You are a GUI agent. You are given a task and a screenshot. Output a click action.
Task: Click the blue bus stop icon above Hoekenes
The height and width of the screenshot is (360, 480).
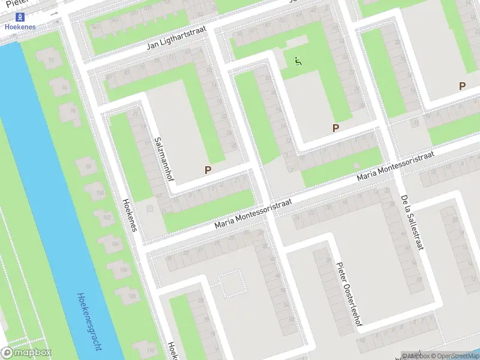coord(20,17)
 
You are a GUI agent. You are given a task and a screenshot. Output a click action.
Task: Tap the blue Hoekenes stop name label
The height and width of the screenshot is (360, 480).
coord(20,27)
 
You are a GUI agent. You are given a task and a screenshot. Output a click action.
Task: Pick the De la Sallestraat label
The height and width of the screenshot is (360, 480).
coord(410,221)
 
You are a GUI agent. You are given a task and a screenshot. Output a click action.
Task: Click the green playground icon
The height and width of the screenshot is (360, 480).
coord(298,61)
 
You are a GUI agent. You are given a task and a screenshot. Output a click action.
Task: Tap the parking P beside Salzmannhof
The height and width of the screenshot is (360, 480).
coord(208,170)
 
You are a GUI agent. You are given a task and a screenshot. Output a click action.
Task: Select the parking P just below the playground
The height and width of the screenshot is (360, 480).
coord(335,128)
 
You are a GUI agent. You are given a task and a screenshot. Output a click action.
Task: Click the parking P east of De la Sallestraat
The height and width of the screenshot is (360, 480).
coord(462,86)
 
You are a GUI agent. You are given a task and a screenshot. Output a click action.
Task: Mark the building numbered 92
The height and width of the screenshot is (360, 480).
coord(51,59)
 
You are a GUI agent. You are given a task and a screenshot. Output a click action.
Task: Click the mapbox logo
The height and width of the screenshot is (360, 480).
coord(27,352)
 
